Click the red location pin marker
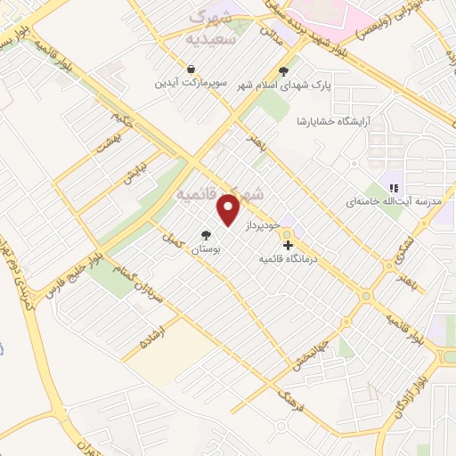click(229, 210)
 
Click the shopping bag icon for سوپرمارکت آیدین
click(191, 69)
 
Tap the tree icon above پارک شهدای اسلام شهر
click(284, 71)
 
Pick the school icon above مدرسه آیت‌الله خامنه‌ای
click(394, 187)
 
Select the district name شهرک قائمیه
click(221, 193)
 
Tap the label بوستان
click(207, 252)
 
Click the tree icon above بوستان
click(207, 236)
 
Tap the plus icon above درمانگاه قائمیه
click(288, 245)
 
